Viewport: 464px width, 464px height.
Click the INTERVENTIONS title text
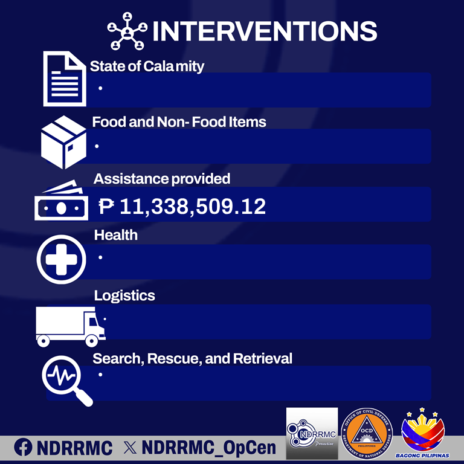pos(265,31)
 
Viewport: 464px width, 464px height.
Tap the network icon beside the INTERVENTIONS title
pos(127,31)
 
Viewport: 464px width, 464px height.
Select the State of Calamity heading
pos(147,66)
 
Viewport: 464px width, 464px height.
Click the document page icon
pos(63,79)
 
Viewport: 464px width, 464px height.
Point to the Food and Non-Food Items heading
pos(179,122)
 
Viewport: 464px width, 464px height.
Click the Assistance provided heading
pos(161,179)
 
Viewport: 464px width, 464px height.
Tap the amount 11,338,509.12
pos(193,207)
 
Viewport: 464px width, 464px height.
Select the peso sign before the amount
pos(106,207)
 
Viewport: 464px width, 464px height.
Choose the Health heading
pos(115,235)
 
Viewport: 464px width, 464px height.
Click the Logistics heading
pos(124,295)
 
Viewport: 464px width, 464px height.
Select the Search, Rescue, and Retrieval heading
pos(192,358)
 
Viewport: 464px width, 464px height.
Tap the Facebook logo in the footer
pos(23,448)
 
